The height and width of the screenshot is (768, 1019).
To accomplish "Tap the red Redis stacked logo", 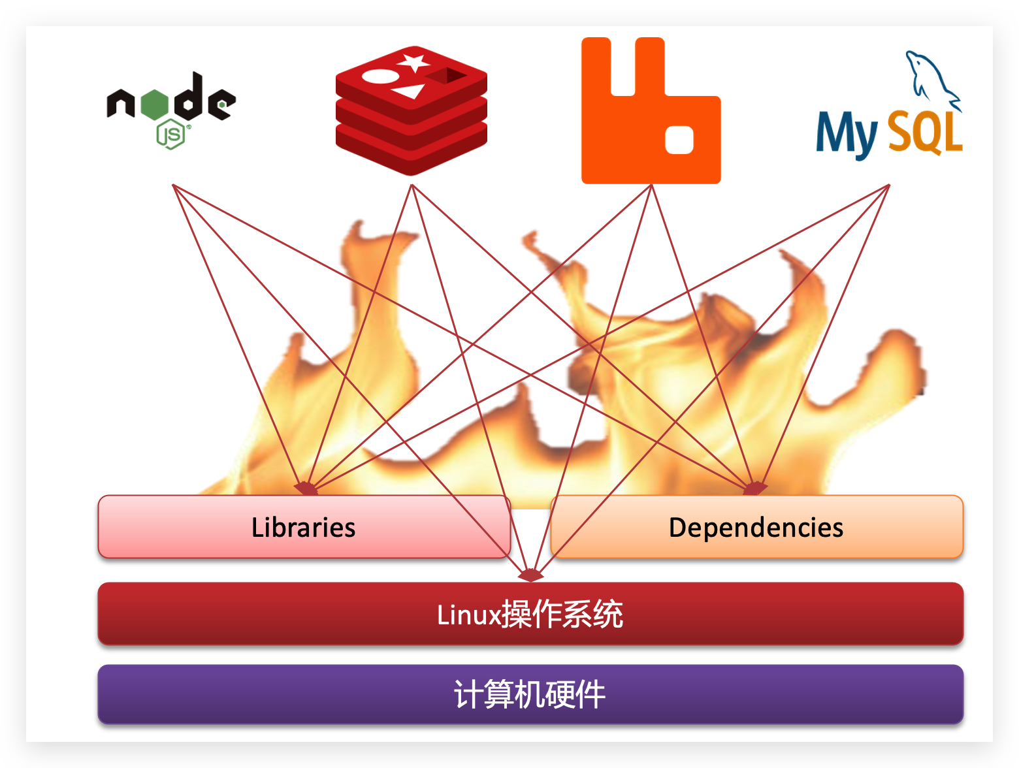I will click(x=411, y=111).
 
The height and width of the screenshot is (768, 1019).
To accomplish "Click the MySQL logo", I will click(x=890, y=118).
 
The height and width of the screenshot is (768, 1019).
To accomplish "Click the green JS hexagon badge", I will click(x=171, y=135).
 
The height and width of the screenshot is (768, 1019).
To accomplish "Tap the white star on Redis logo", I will click(x=414, y=63).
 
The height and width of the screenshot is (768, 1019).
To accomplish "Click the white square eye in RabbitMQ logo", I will click(x=679, y=140).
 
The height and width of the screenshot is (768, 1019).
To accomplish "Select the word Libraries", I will click(x=303, y=528).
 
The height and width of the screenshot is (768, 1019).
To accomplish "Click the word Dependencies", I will click(x=756, y=528).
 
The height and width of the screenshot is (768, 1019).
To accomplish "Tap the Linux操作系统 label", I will click(x=530, y=615).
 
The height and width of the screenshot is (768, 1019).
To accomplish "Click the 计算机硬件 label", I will click(x=530, y=694).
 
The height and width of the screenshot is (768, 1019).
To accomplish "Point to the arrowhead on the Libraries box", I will click(x=306, y=488).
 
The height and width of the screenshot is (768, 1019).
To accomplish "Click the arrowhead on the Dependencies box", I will click(x=755, y=488).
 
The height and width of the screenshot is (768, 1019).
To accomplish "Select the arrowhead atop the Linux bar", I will click(x=530, y=575).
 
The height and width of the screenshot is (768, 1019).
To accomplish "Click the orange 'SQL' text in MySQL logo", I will click(x=926, y=132).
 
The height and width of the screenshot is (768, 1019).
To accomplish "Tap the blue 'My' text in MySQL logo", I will click(x=847, y=134).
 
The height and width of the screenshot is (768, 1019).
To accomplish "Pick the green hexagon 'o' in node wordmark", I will click(x=154, y=104).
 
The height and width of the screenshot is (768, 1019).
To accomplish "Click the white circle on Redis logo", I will click(x=379, y=76).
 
